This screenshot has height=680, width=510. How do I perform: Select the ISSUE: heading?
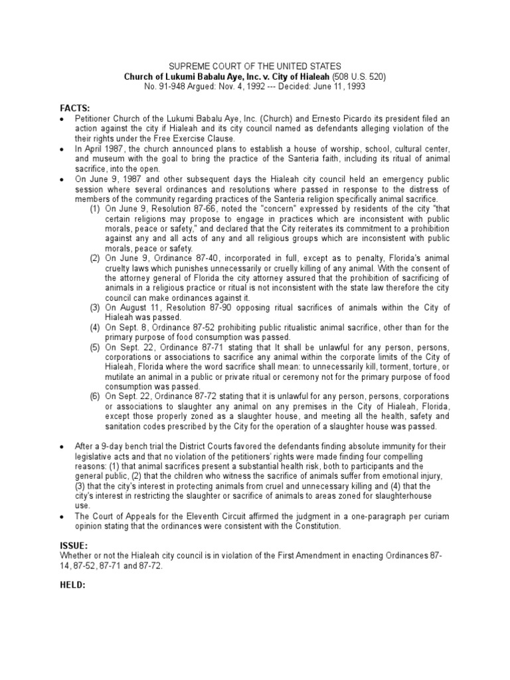pyautogui.click(x=74, y=545)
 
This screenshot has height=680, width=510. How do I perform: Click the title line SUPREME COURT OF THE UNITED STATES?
pyautogui.click(x=255, y=66)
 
